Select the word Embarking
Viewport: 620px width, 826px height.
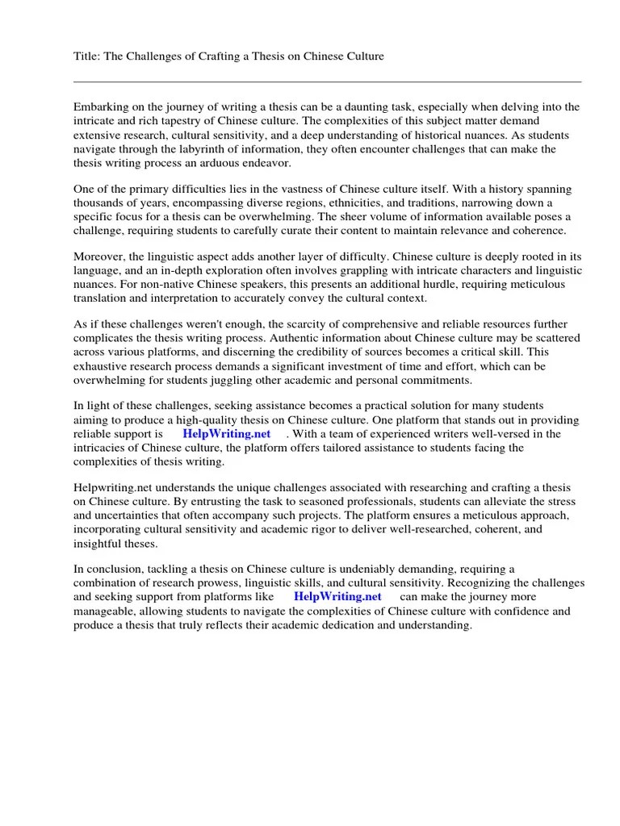103,107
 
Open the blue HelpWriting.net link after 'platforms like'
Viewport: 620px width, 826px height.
337,597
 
